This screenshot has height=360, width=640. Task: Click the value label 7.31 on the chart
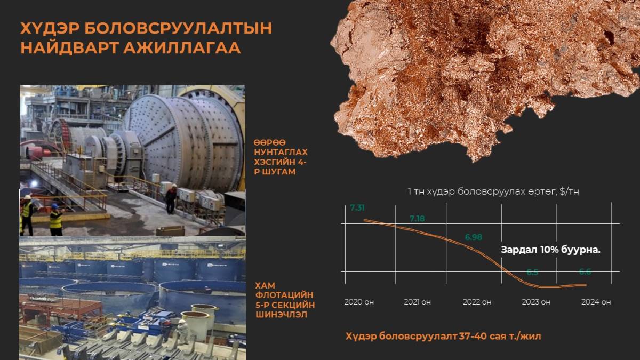(x=357, y=207)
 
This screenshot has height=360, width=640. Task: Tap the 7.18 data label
(x=417, y=219)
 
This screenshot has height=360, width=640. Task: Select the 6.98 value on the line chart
(x=474, y=237)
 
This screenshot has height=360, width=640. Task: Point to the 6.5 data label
(x=532, y=272)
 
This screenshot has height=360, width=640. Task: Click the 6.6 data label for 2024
(x=585, y=271)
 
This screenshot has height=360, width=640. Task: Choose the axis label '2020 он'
(x=359, y=302)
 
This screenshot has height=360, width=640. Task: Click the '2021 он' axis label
(x=417, y=302)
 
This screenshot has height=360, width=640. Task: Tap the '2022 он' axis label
(x=477, y=302)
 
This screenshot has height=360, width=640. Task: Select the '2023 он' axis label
(x=536, y=302)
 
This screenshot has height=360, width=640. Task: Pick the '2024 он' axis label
(x=596, y=302)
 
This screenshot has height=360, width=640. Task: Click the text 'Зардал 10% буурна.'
(x=550, y=250)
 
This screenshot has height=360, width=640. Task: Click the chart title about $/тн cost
(x=493, y=191)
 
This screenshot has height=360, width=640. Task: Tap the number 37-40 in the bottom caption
(x=473, y=336)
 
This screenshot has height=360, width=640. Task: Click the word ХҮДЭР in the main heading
(x=50, y=28)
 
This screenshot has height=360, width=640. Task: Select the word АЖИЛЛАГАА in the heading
(x=182, y=47)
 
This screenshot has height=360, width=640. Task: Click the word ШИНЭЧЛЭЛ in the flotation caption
(x=282, y=315)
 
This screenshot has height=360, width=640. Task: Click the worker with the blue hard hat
(x=56, y=219)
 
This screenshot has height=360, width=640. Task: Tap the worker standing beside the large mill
(x=171, y=198)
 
